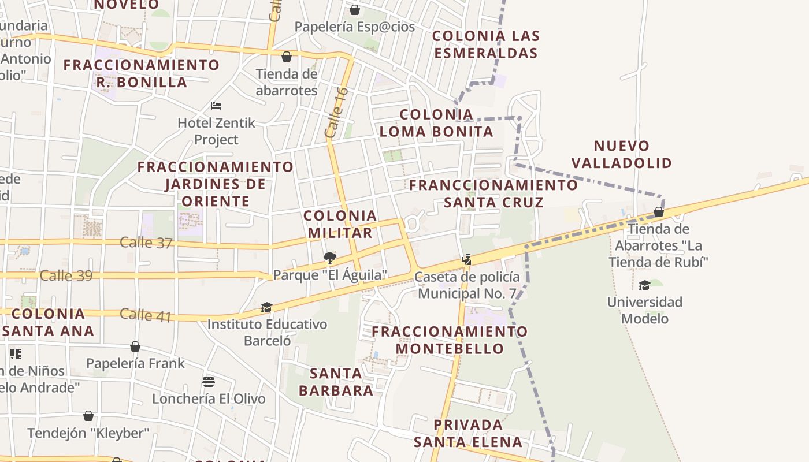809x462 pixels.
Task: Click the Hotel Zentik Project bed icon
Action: pos(216,106)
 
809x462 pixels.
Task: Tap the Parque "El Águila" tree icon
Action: pos(330,258)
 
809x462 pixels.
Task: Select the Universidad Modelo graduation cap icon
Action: pos(644,285)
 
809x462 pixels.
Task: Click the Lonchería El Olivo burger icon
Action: pos(209,382)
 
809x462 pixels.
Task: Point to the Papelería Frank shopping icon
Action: pos(135,346)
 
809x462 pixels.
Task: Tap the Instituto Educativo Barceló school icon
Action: pos(266,307)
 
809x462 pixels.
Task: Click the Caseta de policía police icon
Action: pos(466,260)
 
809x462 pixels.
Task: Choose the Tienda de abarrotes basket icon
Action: pos(286,57)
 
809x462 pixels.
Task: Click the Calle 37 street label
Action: pos(146,243)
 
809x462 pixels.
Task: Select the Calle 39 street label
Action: pos(66,276)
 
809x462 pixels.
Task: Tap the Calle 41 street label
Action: pos(146,315)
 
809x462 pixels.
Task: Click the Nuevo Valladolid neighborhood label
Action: pos(633,154)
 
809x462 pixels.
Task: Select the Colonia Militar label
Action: pos(340,224)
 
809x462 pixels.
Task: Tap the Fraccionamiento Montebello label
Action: pos(450,340)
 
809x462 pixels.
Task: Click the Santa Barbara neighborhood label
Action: pos(336,382)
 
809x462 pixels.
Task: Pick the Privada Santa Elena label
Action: pos(468,433)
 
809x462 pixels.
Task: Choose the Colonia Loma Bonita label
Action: pos(436,123)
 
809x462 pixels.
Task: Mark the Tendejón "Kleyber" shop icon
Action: pos(88,416)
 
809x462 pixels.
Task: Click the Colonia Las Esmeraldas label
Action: pos(486,44)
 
